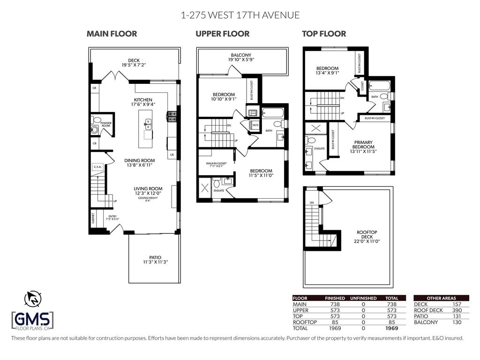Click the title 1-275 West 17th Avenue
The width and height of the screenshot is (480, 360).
pos(240,15)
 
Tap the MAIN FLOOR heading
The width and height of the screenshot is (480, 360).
pos(112,34)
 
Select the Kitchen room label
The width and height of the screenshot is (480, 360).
pos(143,100)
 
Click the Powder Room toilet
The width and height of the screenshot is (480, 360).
pos(95,128)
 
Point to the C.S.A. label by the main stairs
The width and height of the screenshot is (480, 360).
pos(98,166)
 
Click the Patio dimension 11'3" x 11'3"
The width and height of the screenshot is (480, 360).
pos(155,262)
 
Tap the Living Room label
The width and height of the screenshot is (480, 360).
pos(149,188)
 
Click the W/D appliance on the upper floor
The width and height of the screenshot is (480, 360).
pos(255,126)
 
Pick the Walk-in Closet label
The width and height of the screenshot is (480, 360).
pos(216,164)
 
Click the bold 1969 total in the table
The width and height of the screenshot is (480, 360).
pos(391,329)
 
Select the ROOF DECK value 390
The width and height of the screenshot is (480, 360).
pos(457,310)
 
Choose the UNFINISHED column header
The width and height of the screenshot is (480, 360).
pos(364,298)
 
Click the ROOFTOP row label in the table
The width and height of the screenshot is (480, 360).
pos(305,322)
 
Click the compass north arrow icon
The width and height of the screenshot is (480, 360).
pos(32,298)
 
